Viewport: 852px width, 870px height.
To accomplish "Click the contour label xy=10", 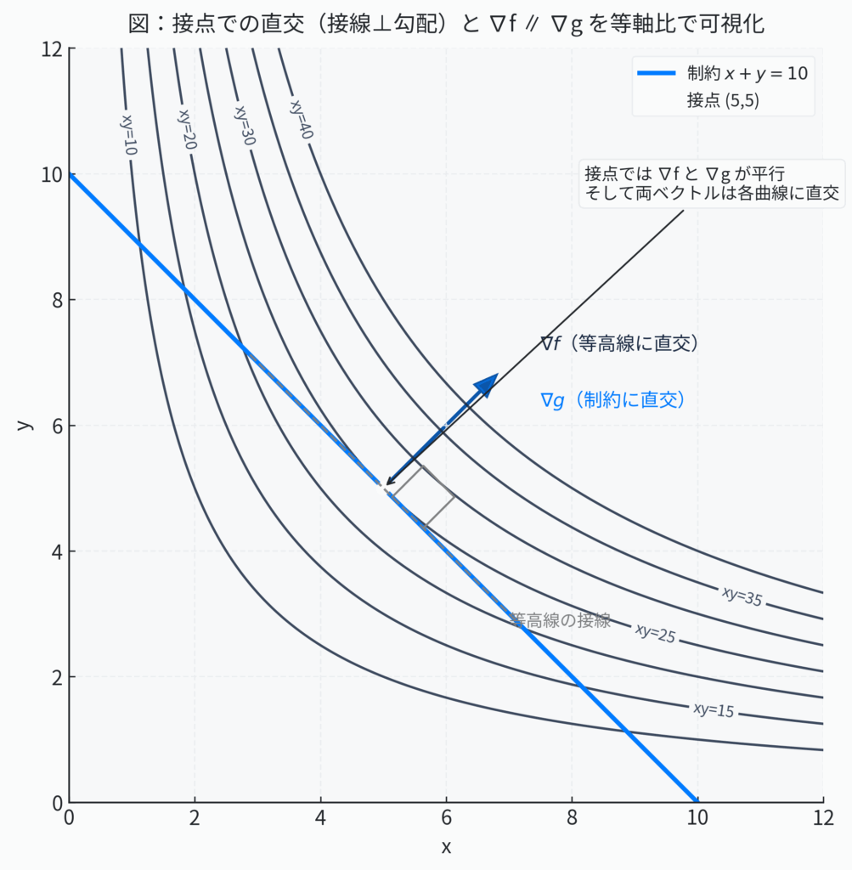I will [x=129, y=134].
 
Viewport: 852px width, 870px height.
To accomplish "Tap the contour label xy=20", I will [x=187, y=128].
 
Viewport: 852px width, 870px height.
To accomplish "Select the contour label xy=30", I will [x=244, y=125].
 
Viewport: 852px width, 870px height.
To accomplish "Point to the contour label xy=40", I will [x=301, y=119].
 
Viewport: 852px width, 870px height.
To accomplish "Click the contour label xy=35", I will [x=742, y=596].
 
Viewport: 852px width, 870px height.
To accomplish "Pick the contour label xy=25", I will [x=655, y=633].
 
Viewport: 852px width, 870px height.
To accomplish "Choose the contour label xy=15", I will [x=714, y=709].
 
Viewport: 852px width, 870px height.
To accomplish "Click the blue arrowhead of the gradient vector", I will [x=487, y=384].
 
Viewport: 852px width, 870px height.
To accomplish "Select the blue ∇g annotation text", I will [x=612, y=400].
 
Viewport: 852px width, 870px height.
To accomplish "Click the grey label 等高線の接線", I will [x=561, y=620].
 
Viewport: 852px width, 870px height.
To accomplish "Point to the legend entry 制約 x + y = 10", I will [x=746, y=73].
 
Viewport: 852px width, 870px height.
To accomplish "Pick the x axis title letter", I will [x=446, y=846].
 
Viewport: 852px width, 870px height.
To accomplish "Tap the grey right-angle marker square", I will [x=422, y=496].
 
